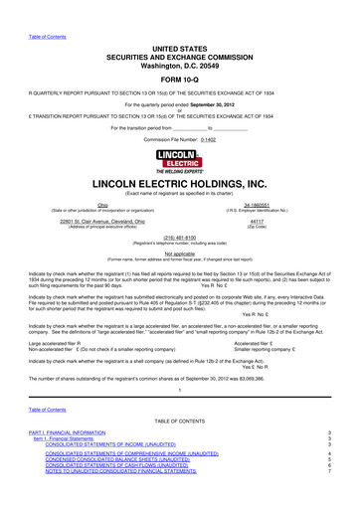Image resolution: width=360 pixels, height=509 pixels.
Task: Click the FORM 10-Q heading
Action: click(x=179, y=79)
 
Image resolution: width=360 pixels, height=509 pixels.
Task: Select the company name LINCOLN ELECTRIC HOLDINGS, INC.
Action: click(x=179, y=184)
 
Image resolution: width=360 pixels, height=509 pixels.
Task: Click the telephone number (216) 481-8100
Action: click(x=179, y=239)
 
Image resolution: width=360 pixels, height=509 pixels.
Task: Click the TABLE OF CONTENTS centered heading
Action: click(x=179, y=449)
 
